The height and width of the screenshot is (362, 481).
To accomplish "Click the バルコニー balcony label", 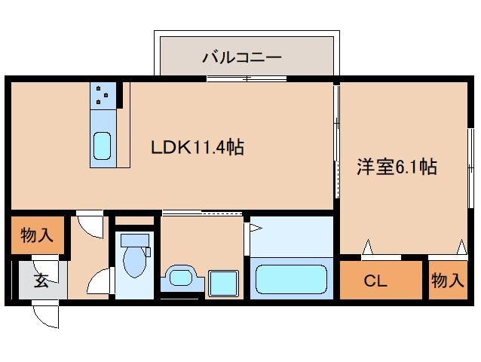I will coord(241,57).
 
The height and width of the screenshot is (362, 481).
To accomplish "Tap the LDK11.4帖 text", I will coord(198,147).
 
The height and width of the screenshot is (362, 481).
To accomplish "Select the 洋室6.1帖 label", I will coord(396,167).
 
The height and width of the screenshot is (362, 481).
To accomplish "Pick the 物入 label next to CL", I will coord(447,281).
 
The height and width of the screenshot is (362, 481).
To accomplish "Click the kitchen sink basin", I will coord(102,146).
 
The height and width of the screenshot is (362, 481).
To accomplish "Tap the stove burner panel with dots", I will coord(103,95).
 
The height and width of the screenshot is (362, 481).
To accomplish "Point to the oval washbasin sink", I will coord(181,277).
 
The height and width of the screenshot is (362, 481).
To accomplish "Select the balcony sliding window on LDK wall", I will coord(247,78).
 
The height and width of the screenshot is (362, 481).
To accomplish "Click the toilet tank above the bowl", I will coord(136,240).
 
